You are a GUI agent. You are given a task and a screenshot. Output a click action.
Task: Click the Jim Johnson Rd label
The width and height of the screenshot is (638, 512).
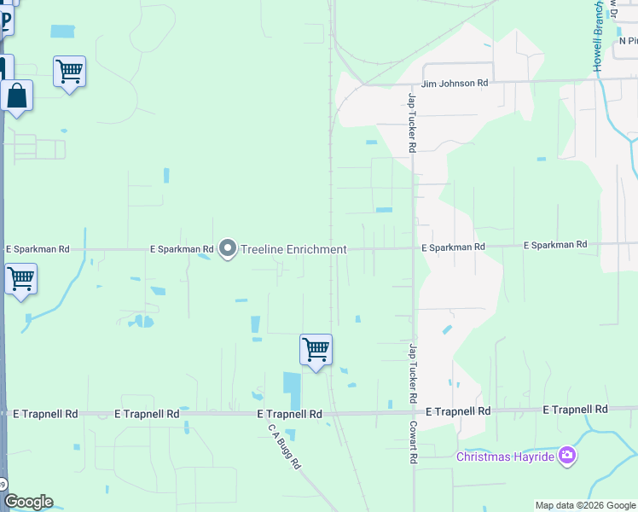click(453, 84)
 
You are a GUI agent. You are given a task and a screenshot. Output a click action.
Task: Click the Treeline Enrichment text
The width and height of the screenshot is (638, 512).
click(293, 249)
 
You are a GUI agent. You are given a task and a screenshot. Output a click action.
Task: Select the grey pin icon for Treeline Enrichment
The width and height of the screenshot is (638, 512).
click(228, 248)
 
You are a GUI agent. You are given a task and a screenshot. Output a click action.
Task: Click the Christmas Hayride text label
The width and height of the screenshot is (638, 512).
click(506, 457)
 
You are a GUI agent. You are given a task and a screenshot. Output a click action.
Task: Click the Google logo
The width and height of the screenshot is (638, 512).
click(27, 502)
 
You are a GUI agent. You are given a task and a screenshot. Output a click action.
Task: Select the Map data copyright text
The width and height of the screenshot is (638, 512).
click(586, 505)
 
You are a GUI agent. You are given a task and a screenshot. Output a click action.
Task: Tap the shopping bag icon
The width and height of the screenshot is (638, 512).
click(16, 96)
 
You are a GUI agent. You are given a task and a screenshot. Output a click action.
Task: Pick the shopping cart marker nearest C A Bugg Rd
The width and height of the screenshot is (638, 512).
click(316, 349)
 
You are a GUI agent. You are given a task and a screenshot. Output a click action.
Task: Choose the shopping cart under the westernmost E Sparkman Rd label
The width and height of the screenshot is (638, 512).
click(20, 278)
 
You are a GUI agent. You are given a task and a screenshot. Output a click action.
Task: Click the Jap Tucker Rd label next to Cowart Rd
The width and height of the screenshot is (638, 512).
click(412, 374)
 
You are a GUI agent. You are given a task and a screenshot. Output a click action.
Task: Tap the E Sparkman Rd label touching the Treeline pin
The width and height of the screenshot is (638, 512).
click(182, 249)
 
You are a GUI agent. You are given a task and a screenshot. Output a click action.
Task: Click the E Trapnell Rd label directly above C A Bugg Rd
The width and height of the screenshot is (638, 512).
click(290, 413)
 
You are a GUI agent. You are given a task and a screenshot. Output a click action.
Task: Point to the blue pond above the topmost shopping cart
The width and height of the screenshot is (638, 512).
click(62, 32)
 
